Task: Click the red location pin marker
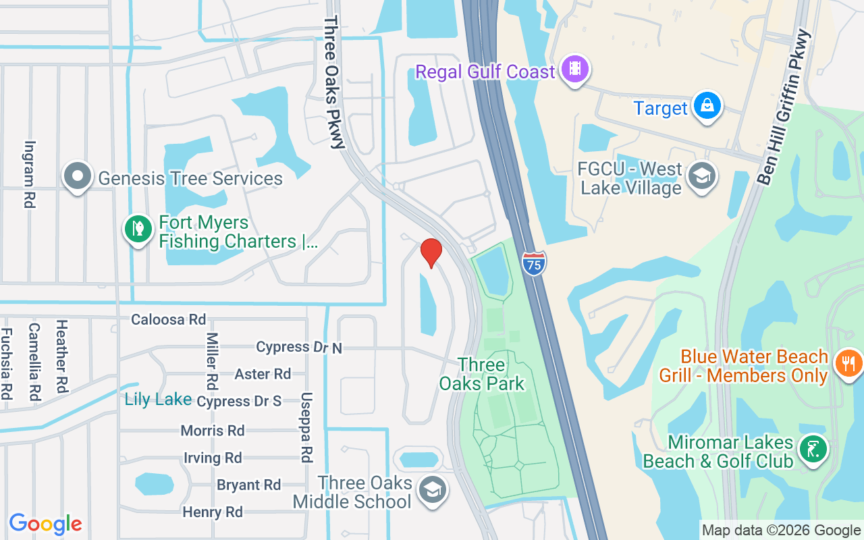(431, 252)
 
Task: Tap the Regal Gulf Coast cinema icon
(574, 69)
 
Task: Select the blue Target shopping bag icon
(707, 107)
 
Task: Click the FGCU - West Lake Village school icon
(701, 177)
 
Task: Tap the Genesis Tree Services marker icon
(78, 176)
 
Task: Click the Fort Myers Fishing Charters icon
(138, 229)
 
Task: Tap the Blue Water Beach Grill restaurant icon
(847, 364)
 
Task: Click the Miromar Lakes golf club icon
(813, 449)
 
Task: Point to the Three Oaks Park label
(482, 375)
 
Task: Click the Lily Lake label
(158, 399)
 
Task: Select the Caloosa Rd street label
(168, 319)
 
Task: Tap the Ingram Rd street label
(30, 174)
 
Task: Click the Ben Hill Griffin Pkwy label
(783, 106)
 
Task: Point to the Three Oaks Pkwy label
(333, 82)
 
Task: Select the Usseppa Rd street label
(306, 427)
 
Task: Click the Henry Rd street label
(213, 512)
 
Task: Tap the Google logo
(45, 524)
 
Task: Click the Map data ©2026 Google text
(781, 531)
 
